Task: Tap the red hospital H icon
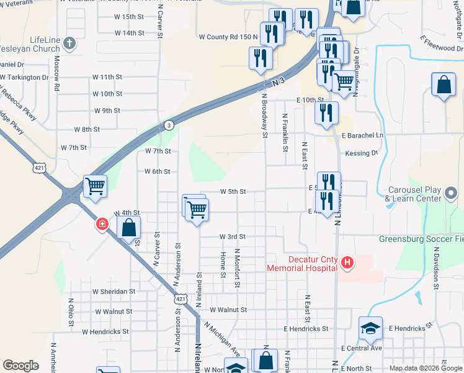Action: [x=347, y=264]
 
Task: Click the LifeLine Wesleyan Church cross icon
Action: [x=69, y=44]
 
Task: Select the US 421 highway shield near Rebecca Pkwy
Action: [x=40, y=168]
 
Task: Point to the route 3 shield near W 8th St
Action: [x=168, y=125]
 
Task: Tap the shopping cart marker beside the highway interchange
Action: [x=95, y=186]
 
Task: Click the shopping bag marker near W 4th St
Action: [x=128, y=228]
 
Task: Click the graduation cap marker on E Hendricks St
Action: [x=370, y=328]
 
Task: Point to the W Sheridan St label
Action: [x=114, y=291]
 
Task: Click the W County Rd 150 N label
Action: [x=228, y=37]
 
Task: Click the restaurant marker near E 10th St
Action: [x=326, y=113]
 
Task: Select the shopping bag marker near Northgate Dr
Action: [x=444, y=86]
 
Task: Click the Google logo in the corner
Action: [x=21, y=366]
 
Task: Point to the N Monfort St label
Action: [x=238, y=268]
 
